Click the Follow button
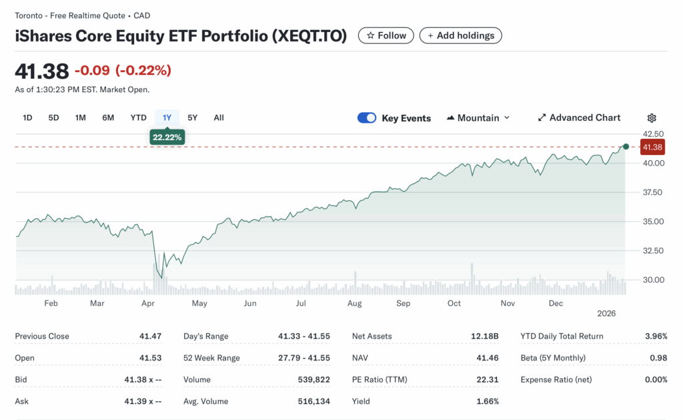(386, 35)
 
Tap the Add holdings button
(460, 35)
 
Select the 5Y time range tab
(192, 118)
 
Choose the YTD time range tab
(138, 118)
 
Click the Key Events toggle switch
(367, 118)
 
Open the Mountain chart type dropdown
(478, 118)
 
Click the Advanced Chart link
(579, 118)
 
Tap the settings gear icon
(652, 118)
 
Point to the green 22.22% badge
(167, 138)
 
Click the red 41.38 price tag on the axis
(652, 147)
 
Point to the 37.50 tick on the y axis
(653, 192)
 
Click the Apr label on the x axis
(148, 303)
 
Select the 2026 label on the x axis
(606, 312)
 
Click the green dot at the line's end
(626, 146)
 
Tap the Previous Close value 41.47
(151, 337)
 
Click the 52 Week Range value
(303, 358)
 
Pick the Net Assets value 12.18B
(485, 337)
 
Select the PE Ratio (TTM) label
(380, 380)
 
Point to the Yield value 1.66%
(488, 401)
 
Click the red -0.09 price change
(91, 70)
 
